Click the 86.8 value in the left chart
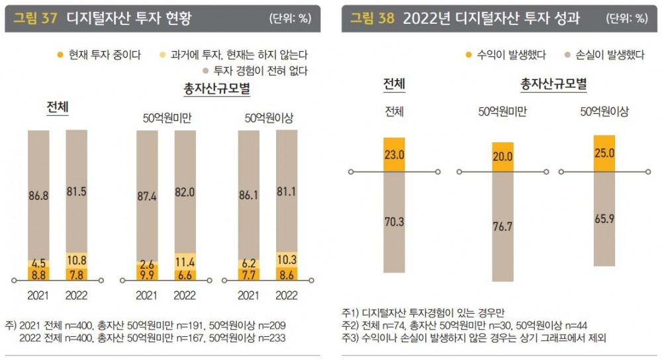[38, 196]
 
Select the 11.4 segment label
[185, 259]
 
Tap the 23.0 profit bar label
[394, 154]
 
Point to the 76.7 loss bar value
[502, 226]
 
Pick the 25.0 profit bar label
[604, 153]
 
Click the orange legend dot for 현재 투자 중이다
[60, 55]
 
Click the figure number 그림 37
[35, 19]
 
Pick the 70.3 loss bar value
[394, 222]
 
